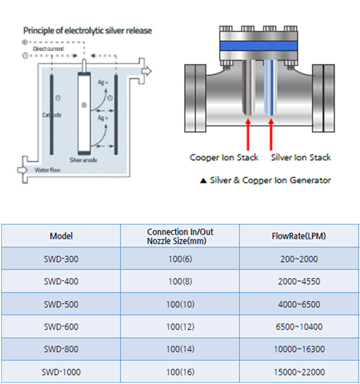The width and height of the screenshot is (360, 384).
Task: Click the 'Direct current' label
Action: click(52, 49)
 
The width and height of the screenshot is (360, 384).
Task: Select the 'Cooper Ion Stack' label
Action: click(224, 158)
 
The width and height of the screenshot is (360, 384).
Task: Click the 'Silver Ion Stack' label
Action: click(301, 158)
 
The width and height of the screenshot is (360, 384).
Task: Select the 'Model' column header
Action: click(61, 236)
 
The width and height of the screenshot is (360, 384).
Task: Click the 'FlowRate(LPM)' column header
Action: click(299, 236)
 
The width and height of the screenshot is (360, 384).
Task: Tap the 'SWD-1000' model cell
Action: click(61, 372)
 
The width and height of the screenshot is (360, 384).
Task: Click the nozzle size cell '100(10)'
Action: click(180, 304)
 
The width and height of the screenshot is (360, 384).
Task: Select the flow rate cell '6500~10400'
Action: click(299, 326)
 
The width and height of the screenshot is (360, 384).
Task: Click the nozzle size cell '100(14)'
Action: click(180, 349)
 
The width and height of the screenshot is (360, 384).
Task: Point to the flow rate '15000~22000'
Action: click(299, 372)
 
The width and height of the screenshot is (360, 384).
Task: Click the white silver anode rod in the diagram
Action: click(83, 114)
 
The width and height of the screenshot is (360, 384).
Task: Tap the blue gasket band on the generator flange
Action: click(260, 46)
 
